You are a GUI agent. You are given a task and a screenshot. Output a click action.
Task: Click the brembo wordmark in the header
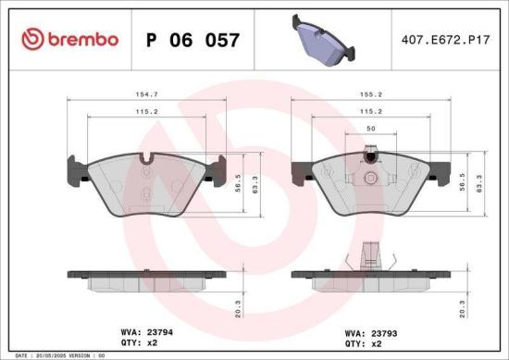click(x=82, y=39)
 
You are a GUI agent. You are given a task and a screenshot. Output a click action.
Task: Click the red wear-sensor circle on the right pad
click(x=370, y=158)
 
